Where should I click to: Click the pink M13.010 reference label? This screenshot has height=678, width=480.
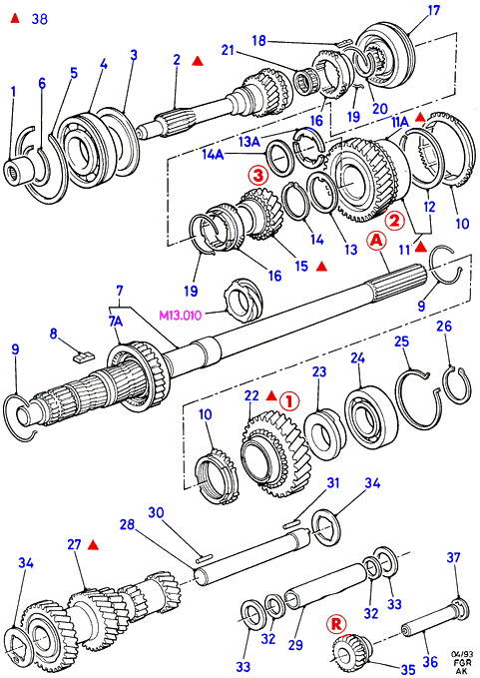click(181, 316)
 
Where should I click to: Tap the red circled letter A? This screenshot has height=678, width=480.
click(377, 242)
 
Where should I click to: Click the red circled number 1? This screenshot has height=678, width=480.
click(289, 400)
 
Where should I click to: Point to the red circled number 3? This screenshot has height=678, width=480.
click(257, 176)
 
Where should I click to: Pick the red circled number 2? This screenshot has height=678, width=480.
click(395, 221)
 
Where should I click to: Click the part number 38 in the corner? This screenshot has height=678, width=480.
click(39, 19)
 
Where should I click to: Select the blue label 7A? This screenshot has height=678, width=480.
click(115, 321)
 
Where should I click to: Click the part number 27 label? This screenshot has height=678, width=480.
click(74, 544)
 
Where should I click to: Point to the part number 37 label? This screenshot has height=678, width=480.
click(453, 557)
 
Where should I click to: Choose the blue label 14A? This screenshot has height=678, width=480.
click(213, 154)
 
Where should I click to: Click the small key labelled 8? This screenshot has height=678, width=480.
click(82, 356)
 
